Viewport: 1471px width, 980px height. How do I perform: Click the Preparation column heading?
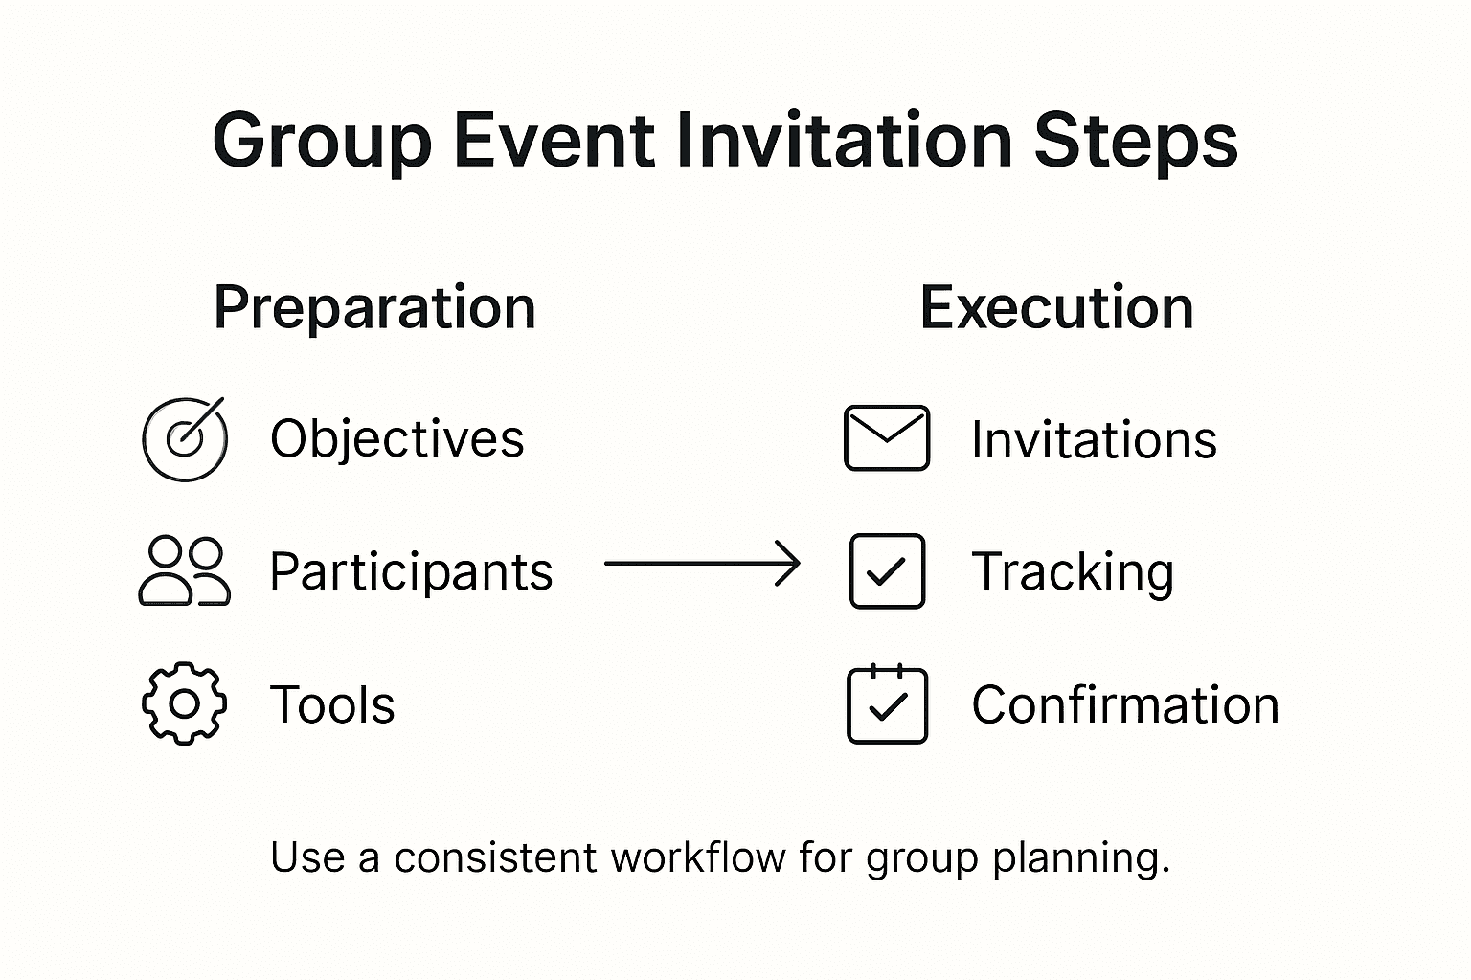click(375, 308)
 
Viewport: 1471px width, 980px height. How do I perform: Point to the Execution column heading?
click(1056, 307)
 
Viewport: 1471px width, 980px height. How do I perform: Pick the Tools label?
click(332, 704)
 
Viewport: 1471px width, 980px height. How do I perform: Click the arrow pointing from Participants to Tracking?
click(702, 563)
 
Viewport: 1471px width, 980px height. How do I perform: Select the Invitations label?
click(1094, 440)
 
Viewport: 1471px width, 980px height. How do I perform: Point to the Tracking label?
click(1073, 573)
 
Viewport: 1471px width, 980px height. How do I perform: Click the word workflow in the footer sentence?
click(698, 857)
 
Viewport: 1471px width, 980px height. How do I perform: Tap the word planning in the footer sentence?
click(1081, 859)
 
